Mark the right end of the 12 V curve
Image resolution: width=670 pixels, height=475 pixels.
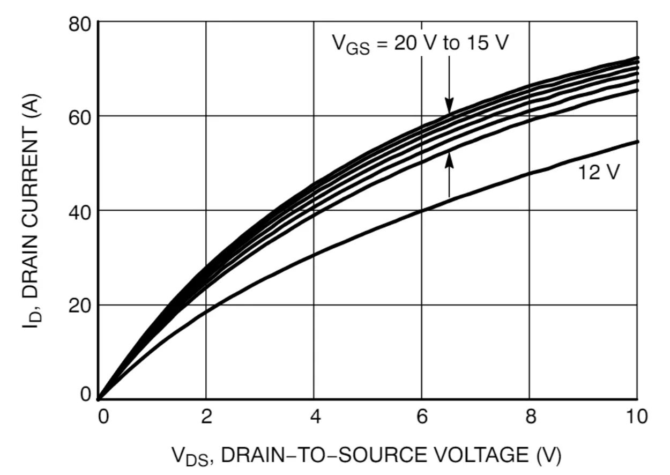pyautogui.click(x=637, y=142)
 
